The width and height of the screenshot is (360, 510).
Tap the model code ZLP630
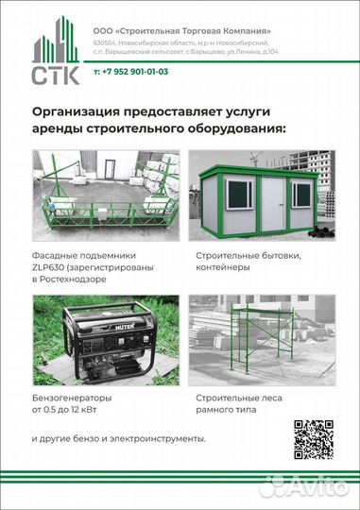pos(51,267)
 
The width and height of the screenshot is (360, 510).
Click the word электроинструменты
pos(162,439)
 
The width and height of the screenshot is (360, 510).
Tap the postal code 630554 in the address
pos(106,43)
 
